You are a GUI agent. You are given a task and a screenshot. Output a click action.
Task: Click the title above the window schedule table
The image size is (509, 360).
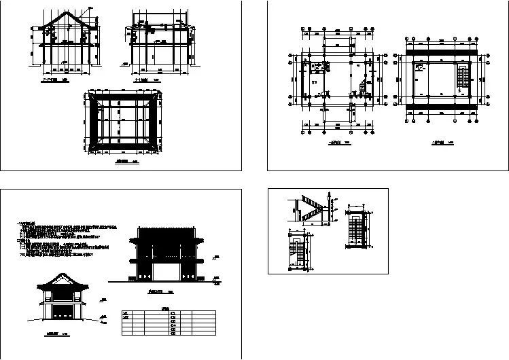167,307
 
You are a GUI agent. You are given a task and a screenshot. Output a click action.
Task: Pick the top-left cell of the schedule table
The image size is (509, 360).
126,313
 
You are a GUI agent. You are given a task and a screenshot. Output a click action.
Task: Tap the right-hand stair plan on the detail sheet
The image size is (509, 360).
355,229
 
